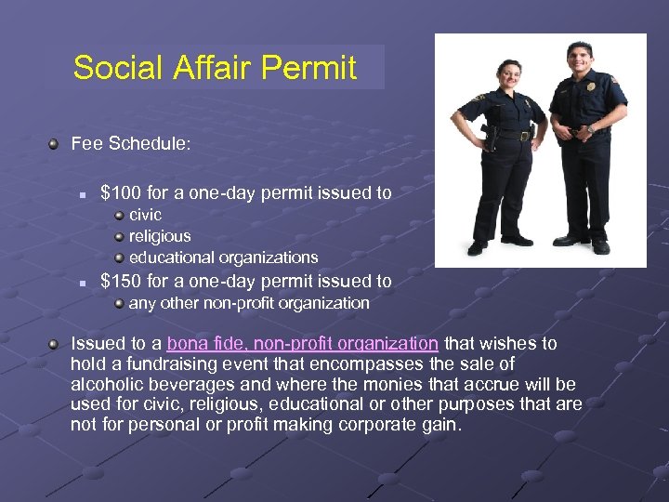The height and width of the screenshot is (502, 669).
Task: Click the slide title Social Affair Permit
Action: [x=215, y=68]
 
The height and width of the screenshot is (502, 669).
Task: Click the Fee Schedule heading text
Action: [x=131, y=144]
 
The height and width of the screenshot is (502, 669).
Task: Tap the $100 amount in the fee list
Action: [x=119, y=193]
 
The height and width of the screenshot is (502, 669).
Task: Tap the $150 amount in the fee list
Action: [x=119, y=281]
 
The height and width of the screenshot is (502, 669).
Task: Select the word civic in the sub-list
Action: [x=145, y=215]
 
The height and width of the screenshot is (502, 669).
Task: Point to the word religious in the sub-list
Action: [x=160, y=236]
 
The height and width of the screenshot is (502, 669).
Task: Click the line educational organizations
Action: [x=223, y=258]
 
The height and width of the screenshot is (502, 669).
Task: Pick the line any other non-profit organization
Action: [x=249, y=303]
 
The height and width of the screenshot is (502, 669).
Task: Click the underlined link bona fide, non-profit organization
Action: [x=303, y=343]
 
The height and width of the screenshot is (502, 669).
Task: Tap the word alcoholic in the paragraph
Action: [x=108, y=384]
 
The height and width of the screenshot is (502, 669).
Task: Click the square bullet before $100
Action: [x=83, y=195]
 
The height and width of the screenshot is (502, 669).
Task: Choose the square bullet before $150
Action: [x=83, y=282]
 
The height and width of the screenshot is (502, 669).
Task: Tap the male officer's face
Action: [x=579, y=59]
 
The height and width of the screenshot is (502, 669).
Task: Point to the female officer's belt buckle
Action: [x=525, y=136]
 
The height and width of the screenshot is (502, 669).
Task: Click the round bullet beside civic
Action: [x=120, y=216]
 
